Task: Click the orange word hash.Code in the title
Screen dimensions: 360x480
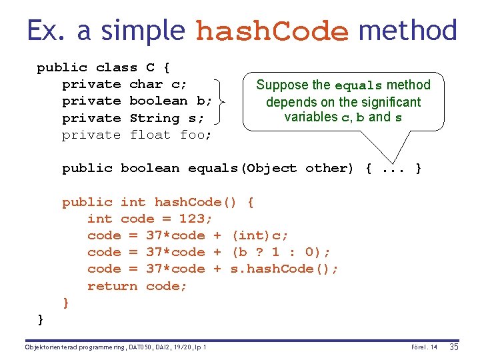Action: (272, 31)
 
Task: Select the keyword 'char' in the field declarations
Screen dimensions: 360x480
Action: (146, 84)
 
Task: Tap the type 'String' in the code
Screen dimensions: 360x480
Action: (155, 118)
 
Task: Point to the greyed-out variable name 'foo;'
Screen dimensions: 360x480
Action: (196, 135)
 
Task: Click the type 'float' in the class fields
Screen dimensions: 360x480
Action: (151, 135)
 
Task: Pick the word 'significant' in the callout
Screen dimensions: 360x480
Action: (389, 102)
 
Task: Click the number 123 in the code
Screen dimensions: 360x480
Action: (195, 219)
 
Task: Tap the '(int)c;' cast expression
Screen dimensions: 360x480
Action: (260, 235)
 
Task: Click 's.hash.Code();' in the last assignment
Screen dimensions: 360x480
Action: (285, 269)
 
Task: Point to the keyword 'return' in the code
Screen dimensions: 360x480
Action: (112, 286)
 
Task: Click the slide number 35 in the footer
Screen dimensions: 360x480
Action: (454, 347)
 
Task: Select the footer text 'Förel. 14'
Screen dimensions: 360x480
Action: (424, 347)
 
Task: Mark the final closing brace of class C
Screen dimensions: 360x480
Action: (41, 320)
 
